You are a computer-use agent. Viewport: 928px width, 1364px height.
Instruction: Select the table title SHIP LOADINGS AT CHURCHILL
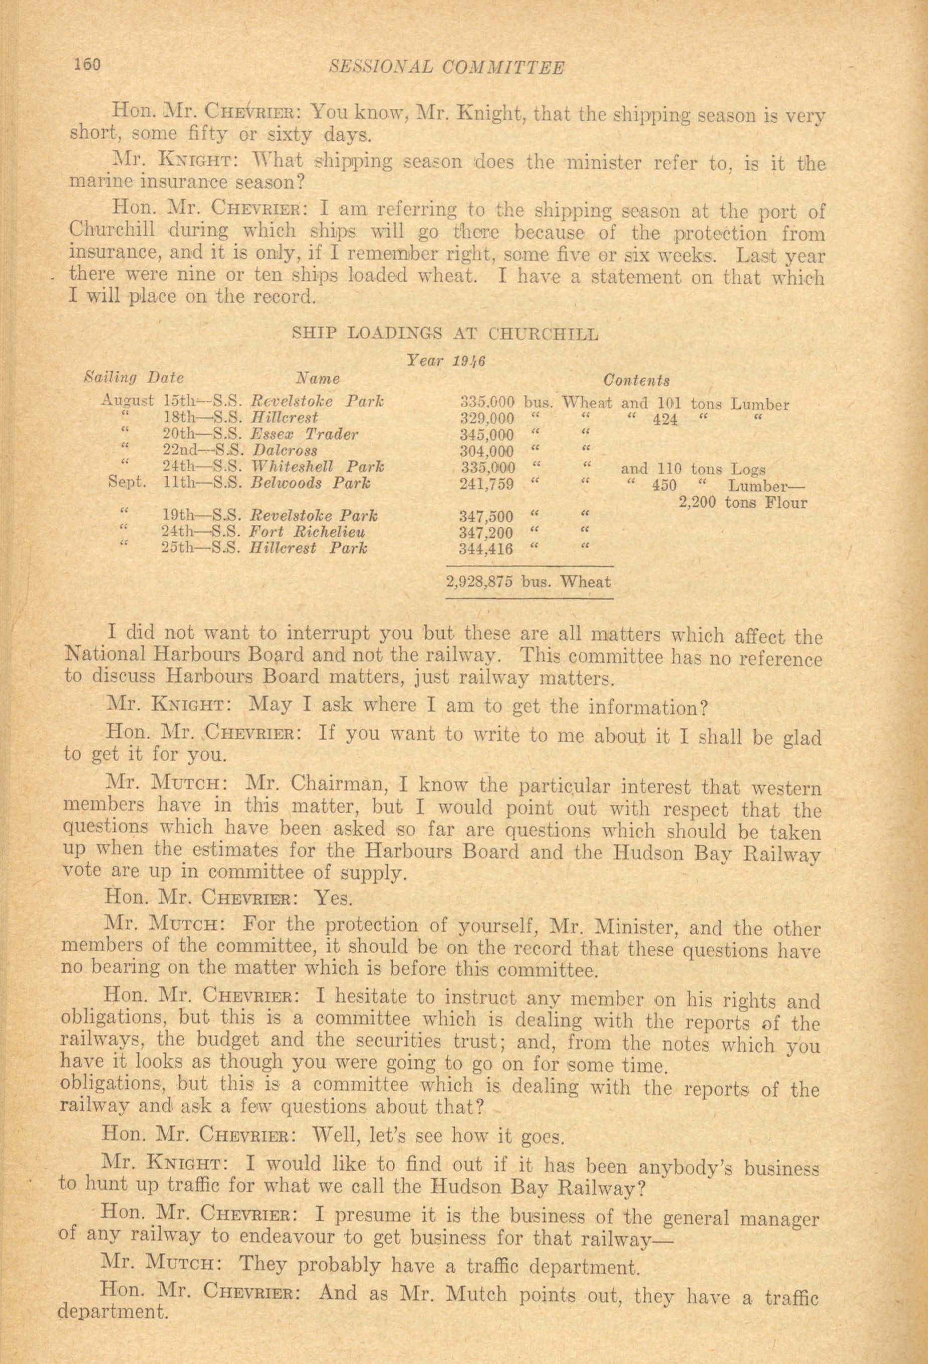click(445, 334)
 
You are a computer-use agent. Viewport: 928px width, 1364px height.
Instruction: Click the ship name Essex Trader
click(303, 435)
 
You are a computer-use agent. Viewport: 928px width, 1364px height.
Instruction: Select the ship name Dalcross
click(284, 451)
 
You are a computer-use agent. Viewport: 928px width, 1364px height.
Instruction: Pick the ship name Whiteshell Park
click(317, 468)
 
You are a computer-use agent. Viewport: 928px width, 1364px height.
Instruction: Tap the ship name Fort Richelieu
click(307, 533)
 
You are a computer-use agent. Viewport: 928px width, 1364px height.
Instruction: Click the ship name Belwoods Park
click(310, 484)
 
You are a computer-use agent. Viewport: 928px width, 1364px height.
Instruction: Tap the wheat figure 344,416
click(486, 549)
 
